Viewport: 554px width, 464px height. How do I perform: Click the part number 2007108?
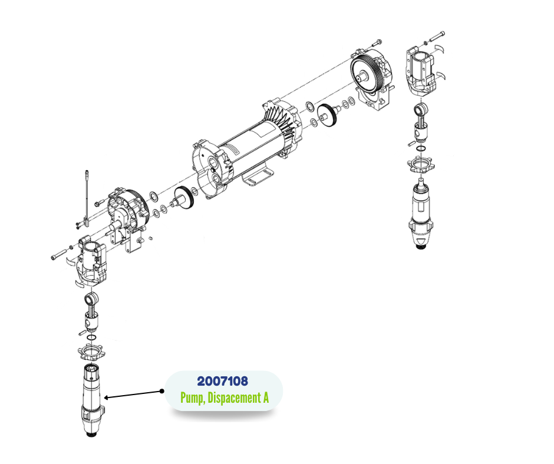point(223,382)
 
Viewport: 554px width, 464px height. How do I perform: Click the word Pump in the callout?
point(193,398)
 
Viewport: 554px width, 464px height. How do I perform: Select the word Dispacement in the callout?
point(233,397)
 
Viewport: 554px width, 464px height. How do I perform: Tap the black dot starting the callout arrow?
point(162,391)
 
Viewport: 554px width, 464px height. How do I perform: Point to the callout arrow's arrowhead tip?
point(104,398)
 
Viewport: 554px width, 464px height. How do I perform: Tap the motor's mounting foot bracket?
point(258,177)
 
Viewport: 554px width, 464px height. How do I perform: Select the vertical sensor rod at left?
point(86,198)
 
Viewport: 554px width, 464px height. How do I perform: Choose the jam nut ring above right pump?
point(421,164)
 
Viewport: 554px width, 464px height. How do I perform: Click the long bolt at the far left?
point(59,254)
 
